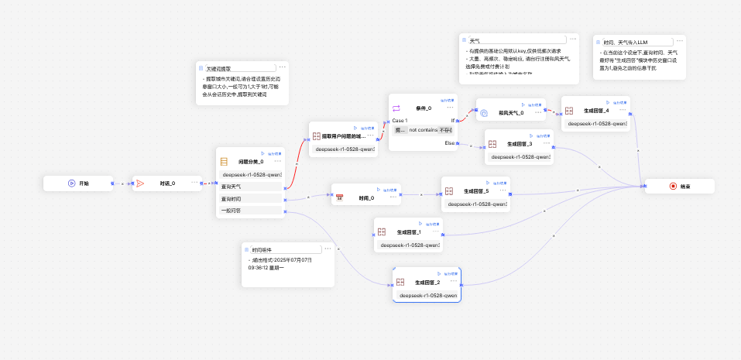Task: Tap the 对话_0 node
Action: click(x=167, y=183)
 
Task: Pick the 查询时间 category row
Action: click(x=232, y=199)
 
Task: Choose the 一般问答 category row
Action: click(x=232, y=210)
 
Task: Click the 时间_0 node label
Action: click(x=366, y=198)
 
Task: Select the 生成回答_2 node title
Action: click(x=427, y=283)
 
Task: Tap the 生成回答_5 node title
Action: click(x=476, y=191)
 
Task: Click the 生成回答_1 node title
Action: click(x=409, y=232)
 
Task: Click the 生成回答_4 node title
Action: click(x=595, y=111)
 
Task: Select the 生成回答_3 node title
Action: click(x=520, y=144)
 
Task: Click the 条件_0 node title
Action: click(x=424, y=108)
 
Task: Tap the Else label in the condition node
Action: click(x=449, y=142)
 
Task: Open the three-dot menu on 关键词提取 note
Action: click(x=283, y=67)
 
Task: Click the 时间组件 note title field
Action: click(x=285, y=249)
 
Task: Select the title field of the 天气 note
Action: click(x=516, y=39)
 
